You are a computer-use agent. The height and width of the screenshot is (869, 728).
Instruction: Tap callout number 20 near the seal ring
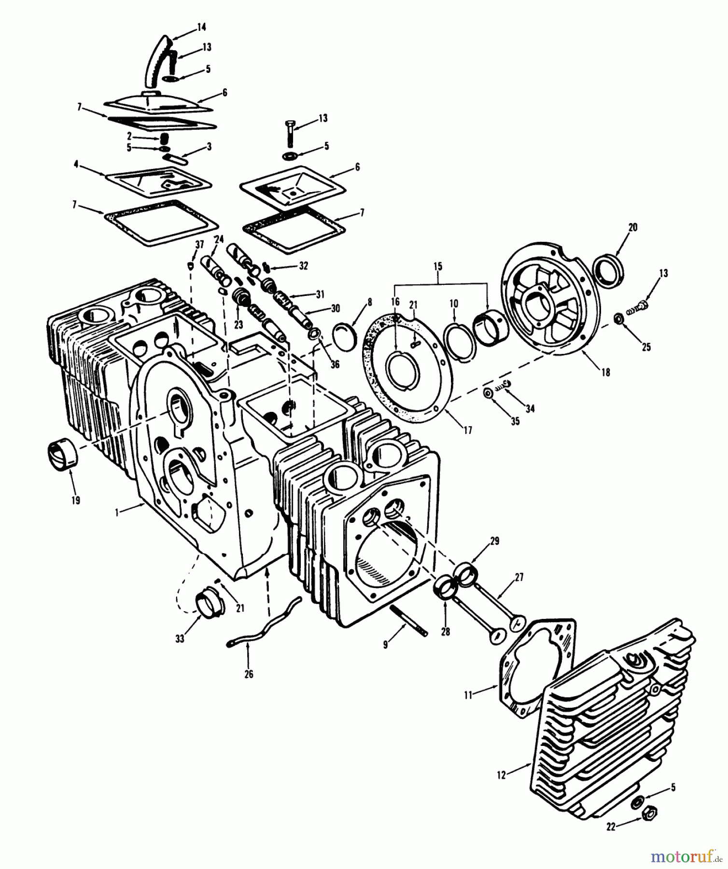[x=632, y=227]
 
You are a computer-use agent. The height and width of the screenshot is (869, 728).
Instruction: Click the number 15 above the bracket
[x=438, y=266]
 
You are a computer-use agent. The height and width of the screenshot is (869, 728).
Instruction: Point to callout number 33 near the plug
[x=180, y=639]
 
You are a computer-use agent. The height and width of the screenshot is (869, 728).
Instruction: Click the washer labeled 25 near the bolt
[x=617, y=319]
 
